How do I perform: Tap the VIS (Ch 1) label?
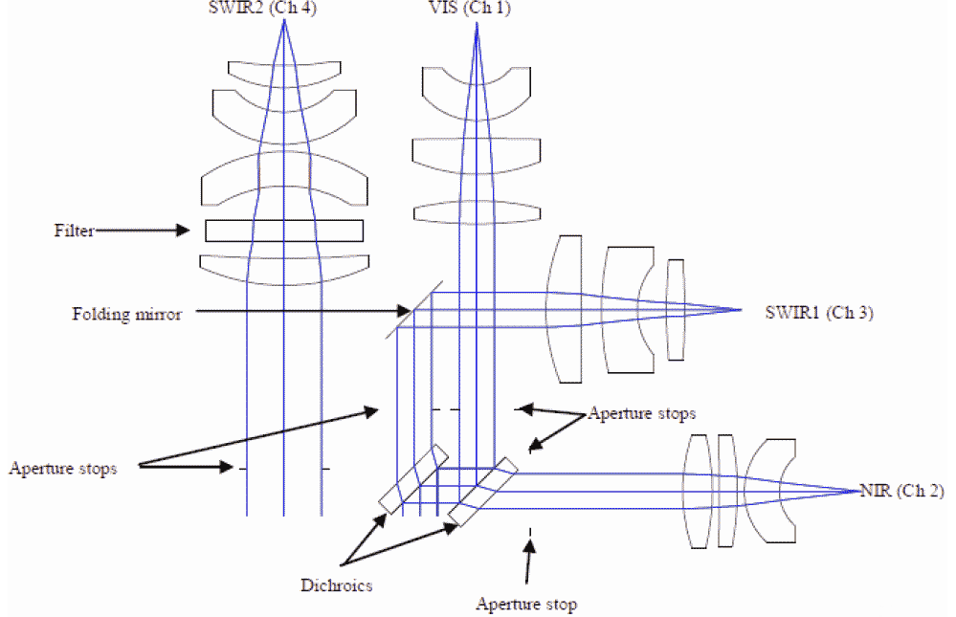coord(477,9)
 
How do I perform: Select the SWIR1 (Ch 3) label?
coord(819,311)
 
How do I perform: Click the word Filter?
coord(75,230)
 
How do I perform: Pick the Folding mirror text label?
coord(126,313)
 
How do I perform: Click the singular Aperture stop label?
coord(526,604)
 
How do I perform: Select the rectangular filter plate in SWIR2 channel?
coord(284,231)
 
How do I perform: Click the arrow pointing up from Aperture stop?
coord(528,564)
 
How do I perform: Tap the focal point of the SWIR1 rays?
coord(743,309)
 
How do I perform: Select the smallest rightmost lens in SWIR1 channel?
coord(676,310)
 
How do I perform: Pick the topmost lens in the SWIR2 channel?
coord(283,73)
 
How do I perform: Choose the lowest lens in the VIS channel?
coord(476,211)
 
